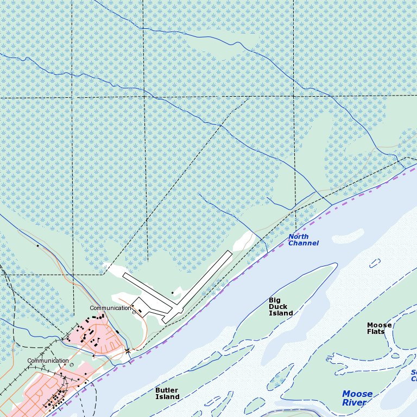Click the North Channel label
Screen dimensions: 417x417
(303, 240)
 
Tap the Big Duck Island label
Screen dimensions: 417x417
(281, 307)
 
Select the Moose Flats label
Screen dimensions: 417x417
(379, 328)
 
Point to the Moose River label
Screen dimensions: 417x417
(357, 398)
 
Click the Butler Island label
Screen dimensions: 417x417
(167, 393)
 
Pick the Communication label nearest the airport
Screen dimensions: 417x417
(110, 308)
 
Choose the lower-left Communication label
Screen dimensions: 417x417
(48, 361)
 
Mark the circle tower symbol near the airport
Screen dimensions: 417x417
(134, 312)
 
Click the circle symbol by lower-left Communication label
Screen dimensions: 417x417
(71, 365)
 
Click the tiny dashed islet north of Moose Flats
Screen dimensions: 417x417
(375, 263)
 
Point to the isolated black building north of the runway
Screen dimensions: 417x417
(172, 293)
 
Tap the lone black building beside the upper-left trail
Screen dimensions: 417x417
(37, 246)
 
